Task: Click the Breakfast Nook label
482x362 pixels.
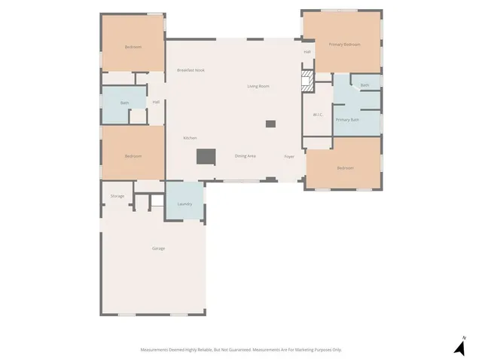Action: coord(191,70)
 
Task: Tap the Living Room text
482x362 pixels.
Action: coord(258,86)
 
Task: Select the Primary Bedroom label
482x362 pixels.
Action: coord(344,44)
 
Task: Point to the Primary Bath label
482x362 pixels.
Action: coord(347,120)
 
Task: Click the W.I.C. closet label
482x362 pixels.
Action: coord(318,115)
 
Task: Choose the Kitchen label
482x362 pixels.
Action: coord(190,138)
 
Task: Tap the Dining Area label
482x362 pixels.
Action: coord(246,155)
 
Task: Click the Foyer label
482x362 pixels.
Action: coord(288,156)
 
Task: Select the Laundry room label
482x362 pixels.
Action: coord(185,204)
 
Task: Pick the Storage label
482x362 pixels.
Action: coord(117,196)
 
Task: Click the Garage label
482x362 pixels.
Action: coord(158,248)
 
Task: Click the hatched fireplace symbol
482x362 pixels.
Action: coord(307,81)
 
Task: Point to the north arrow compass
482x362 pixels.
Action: coord(459,347)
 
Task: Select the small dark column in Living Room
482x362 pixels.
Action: coord(270,124)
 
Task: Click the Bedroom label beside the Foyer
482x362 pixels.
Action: coord(345,167)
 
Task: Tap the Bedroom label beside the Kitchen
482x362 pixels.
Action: coord(133,155)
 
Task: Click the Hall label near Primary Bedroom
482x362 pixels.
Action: coord(307,51)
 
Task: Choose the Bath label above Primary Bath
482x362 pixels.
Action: coord(365,85)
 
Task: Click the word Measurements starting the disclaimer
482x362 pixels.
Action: coord(156,349)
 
